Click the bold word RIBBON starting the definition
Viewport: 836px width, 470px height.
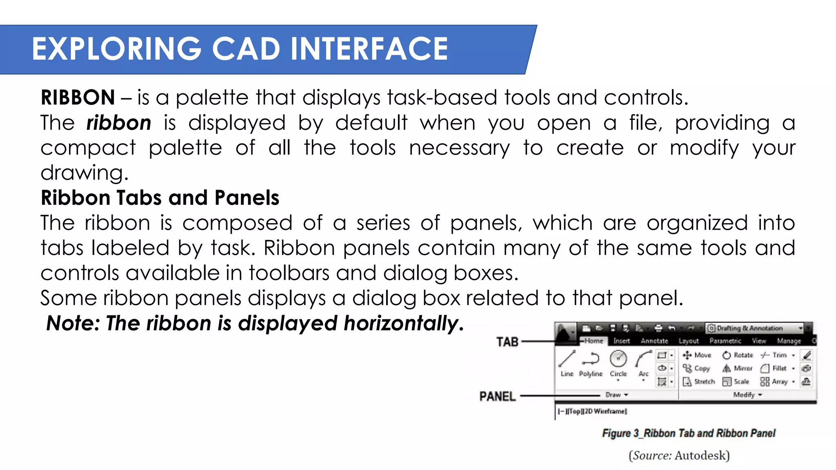[78, 98]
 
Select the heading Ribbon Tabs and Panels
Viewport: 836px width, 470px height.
[160, 198]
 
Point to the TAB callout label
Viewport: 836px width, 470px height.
[507, 342]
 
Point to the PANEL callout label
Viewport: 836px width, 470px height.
[497, 396]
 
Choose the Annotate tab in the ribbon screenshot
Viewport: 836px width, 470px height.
[654, 341]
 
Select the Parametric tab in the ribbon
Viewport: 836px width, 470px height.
[725, 341]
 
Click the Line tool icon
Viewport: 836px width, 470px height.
[567, 359]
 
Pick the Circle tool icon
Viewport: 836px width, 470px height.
[618, 359]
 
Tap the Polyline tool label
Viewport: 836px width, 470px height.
[591, 374]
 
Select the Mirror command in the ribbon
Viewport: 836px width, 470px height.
[738, 368]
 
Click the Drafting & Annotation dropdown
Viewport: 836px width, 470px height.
[755, 328]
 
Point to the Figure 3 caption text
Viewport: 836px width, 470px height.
[689, 433]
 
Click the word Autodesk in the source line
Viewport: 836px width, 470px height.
[701, 455]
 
